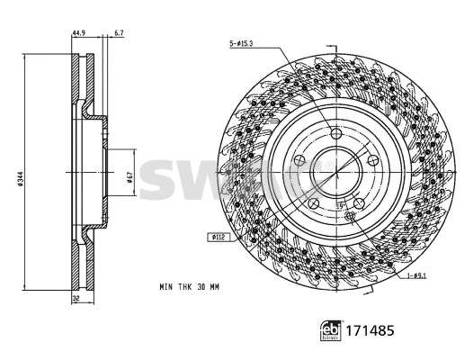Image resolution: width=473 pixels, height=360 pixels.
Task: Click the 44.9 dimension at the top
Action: tap(78, 34)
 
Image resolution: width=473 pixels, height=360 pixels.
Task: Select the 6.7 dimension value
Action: tap(119, 34)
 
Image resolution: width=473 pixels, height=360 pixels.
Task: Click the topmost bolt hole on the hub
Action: tap(336, 134)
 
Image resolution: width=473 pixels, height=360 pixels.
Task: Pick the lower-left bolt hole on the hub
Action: tap(314, 205)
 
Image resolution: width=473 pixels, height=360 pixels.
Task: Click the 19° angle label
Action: tap(341, 206)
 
